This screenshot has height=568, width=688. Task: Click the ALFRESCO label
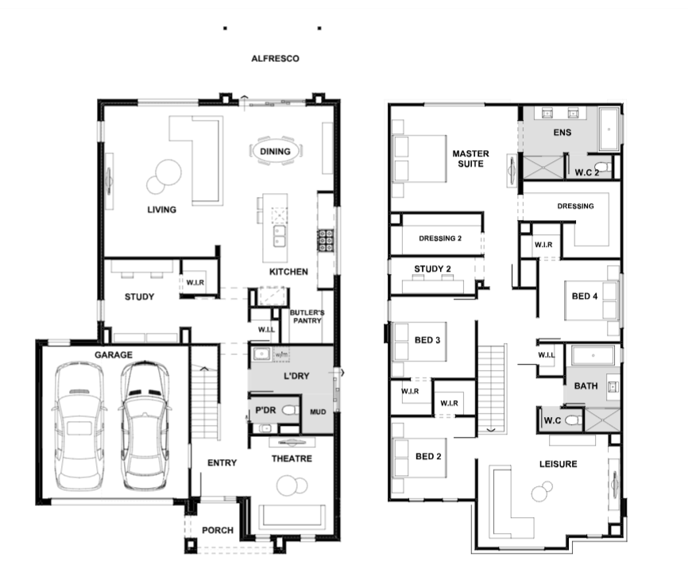275,59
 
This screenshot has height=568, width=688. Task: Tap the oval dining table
276,151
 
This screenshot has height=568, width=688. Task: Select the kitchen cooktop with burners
326,241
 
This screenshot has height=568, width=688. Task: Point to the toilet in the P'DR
290,411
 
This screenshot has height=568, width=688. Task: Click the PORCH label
218,531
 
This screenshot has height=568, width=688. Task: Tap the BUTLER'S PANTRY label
307,317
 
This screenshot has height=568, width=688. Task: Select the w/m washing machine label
281,354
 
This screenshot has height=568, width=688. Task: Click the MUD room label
318,412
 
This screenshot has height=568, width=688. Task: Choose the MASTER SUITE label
471,159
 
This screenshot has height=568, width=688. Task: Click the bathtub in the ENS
609,129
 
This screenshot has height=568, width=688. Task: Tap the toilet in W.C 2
605,167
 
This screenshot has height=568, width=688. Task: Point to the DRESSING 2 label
440,238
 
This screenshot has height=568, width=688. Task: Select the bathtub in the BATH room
593,355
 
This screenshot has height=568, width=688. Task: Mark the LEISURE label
559,464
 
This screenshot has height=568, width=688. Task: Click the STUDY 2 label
433,269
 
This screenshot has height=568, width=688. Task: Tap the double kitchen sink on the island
279,236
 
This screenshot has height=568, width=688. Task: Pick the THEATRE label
292,459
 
